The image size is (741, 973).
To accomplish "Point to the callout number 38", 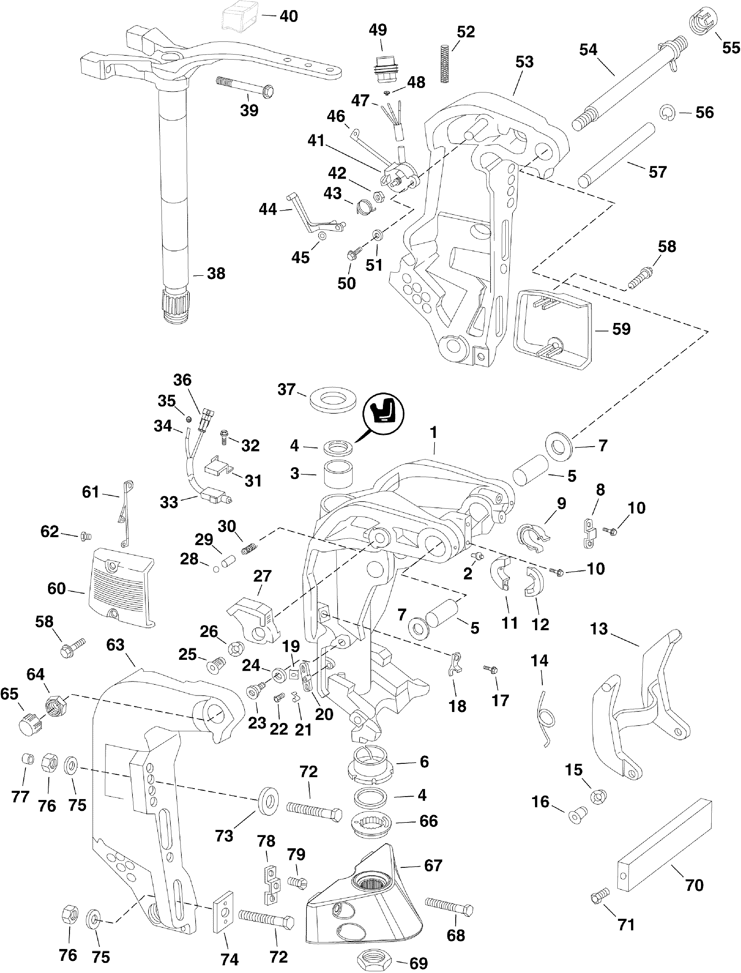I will [216, 274].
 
